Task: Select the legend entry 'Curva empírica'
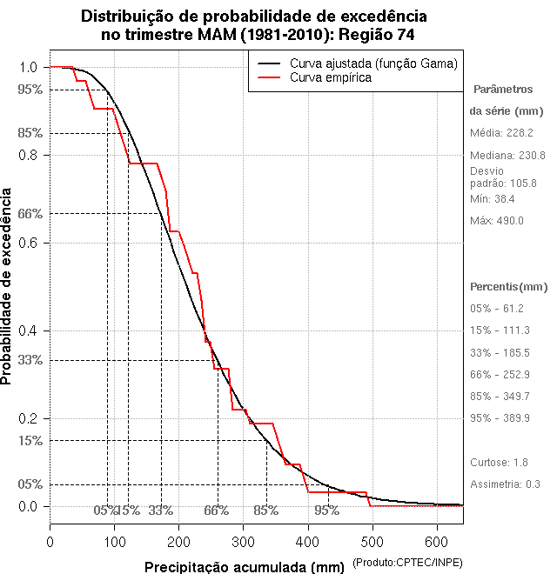click(x=331, y=77)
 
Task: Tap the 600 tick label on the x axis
click(x=436, y=541)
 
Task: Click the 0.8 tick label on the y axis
click(x=28, y=155)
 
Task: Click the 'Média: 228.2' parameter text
click(x=501, y=133)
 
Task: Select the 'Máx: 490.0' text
click(x=497, y=221)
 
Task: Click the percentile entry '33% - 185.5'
click(x=500, y=352)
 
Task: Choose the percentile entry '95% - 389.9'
click(x=500, y=418)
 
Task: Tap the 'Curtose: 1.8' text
click(x=499, y=463)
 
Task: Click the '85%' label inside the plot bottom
click(x=265, y=511)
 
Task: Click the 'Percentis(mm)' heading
click(x=509, y=287)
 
